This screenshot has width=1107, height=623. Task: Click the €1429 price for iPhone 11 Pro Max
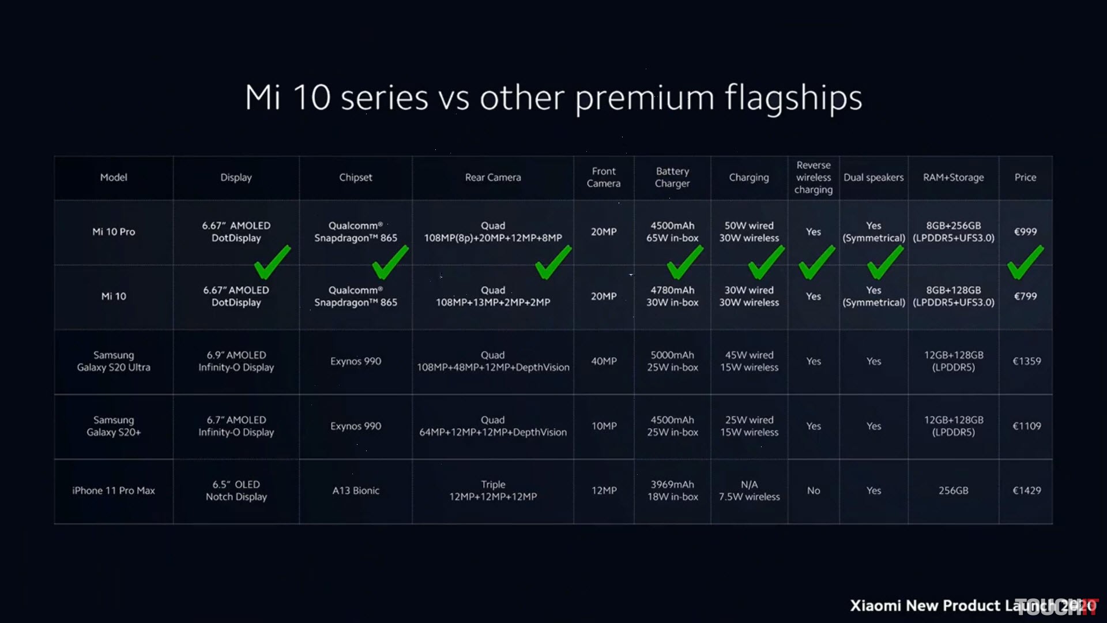click(1027, 490)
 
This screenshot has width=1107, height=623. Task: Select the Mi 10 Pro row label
click(114, 232)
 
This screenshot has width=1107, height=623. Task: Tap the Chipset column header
click(356, 178)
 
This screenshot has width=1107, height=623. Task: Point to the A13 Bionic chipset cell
click(356, 490)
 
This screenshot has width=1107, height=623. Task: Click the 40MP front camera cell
click(604, 361)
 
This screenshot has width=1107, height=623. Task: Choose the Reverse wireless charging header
click(814, 178)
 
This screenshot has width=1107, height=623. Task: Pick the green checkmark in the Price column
click(1025, 262)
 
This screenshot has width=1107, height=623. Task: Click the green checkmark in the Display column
click(272, 262)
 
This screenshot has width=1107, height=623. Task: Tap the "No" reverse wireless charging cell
click(814, 490)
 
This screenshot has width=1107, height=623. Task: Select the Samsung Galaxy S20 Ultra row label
click(114, 361)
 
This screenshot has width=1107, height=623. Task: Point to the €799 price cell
click(1025, 297)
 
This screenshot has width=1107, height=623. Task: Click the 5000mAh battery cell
click(672, 355)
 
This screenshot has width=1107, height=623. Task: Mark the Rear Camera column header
click(493, 178)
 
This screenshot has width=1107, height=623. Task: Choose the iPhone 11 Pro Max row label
click(114, 490)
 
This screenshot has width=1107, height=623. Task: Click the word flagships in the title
click(793, 98)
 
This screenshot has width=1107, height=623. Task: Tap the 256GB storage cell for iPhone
click(953, 490)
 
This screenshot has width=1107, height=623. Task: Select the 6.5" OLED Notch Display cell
click(236, 490)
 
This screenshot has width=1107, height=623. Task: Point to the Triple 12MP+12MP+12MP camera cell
click(493, 490)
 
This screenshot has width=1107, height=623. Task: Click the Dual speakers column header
click(873, 178)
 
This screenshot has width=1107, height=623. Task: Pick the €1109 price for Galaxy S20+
click(1027, 426)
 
